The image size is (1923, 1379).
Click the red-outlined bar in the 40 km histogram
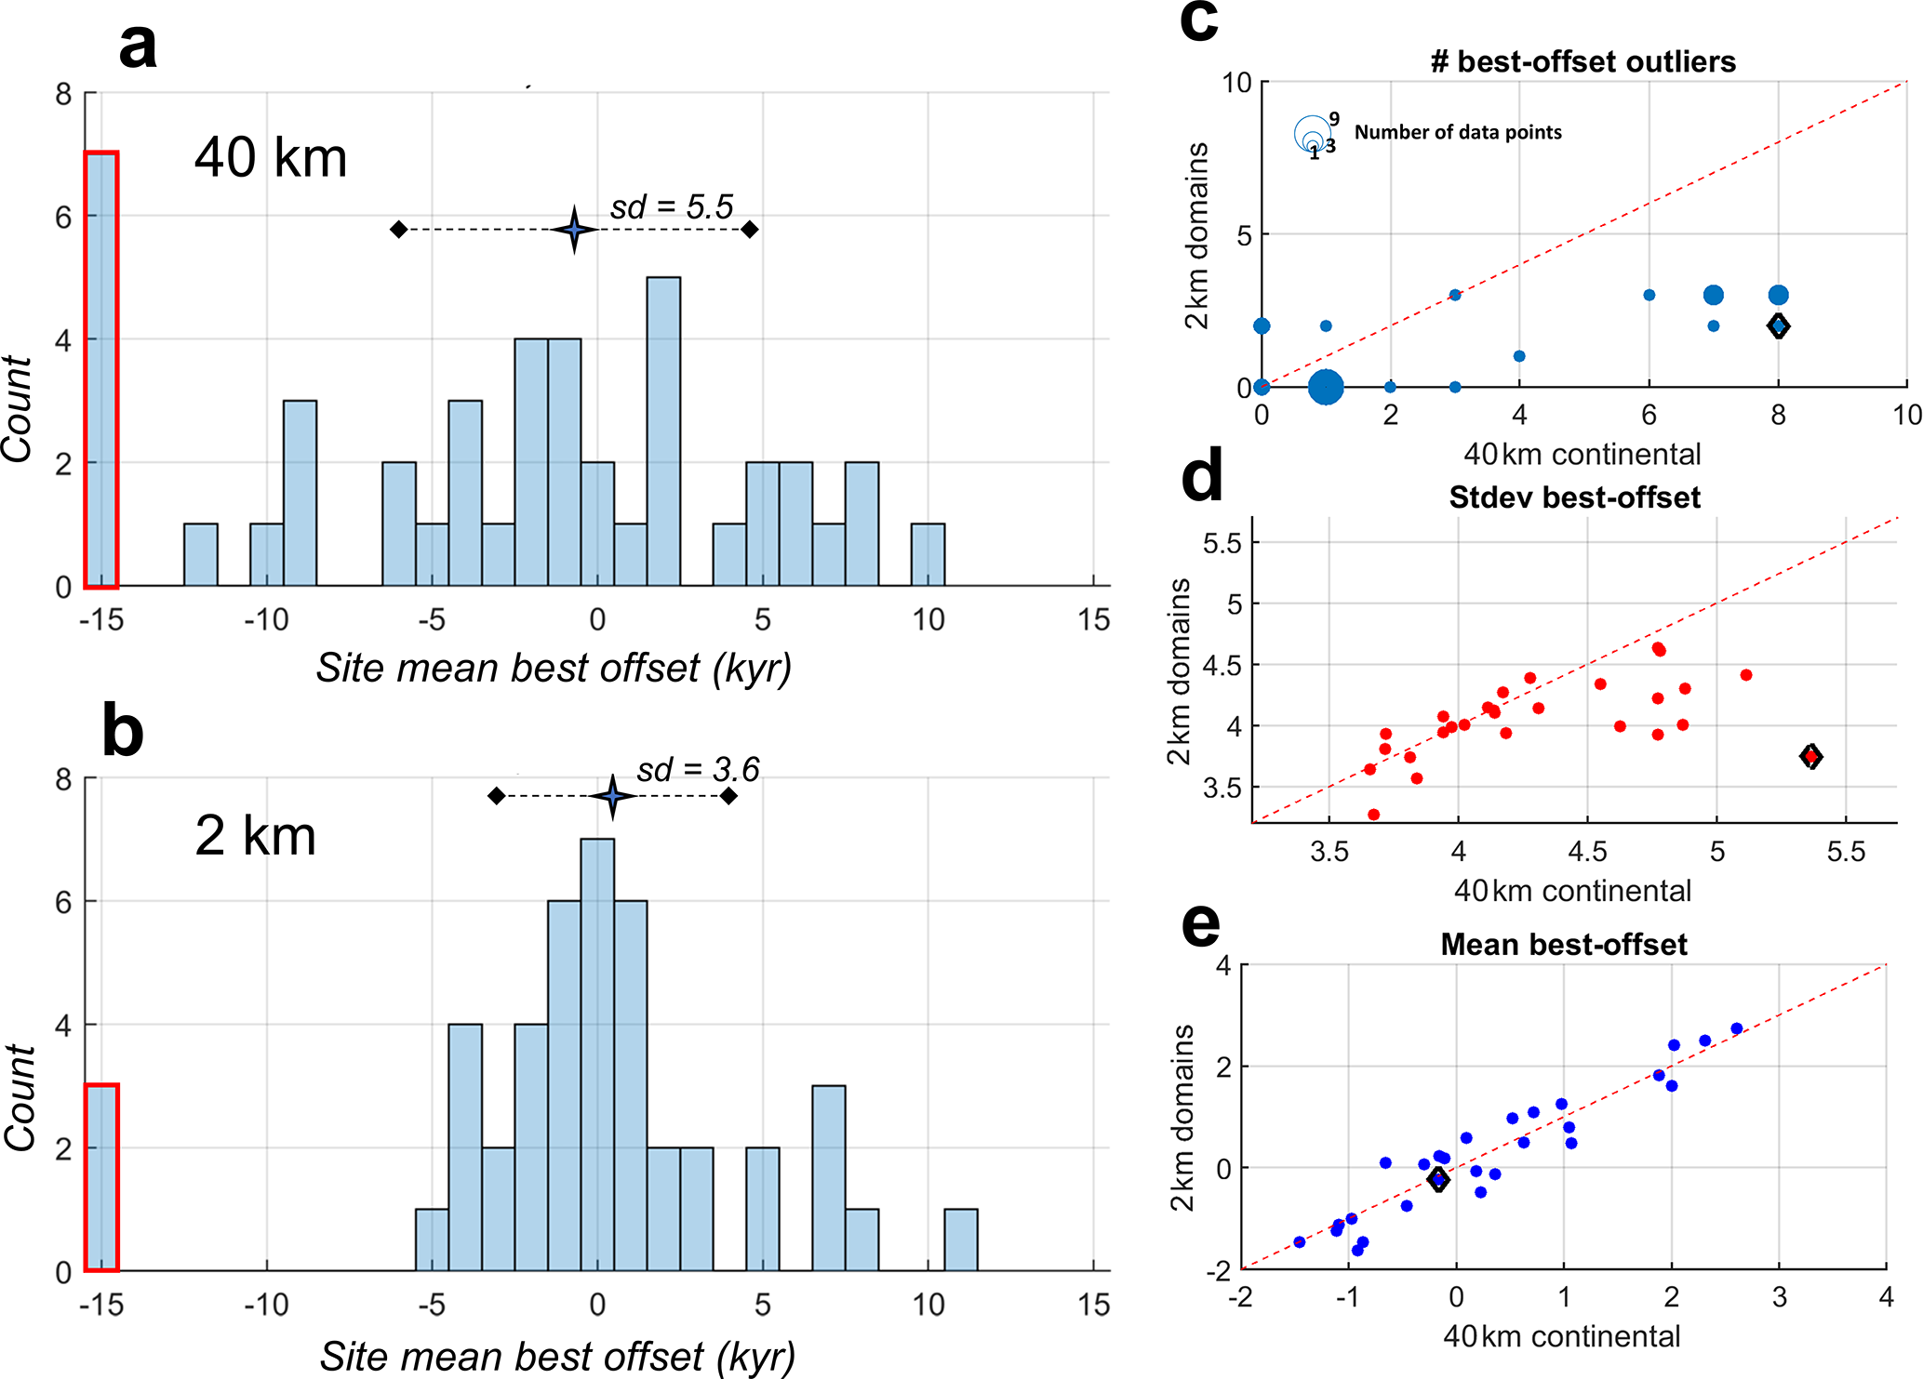(101, 370)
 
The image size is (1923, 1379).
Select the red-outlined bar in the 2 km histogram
(101, 1177)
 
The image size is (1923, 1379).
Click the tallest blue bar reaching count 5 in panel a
(663, 431)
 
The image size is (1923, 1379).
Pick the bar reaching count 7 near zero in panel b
(597, 1054)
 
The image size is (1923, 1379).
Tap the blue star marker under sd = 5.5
(574, 229)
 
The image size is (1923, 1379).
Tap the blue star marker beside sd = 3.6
(612, 796)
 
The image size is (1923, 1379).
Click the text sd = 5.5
(672, 206)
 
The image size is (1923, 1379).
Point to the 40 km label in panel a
(271, 157)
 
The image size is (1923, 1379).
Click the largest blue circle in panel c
(1326, 387)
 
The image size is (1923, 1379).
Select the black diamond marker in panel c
(1778, 326)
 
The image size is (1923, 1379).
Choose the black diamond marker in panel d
(1810, 756)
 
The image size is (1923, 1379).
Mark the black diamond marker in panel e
(1438, 1179)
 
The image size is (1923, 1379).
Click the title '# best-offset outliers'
(1582, 61)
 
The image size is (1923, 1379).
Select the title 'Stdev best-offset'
(1574, 497)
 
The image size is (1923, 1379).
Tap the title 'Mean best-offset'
(1564, 945)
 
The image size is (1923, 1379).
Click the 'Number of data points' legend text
(1458, 132)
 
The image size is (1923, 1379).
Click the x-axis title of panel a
(554, 668)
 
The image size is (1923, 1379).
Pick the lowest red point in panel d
(1373, 815)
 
